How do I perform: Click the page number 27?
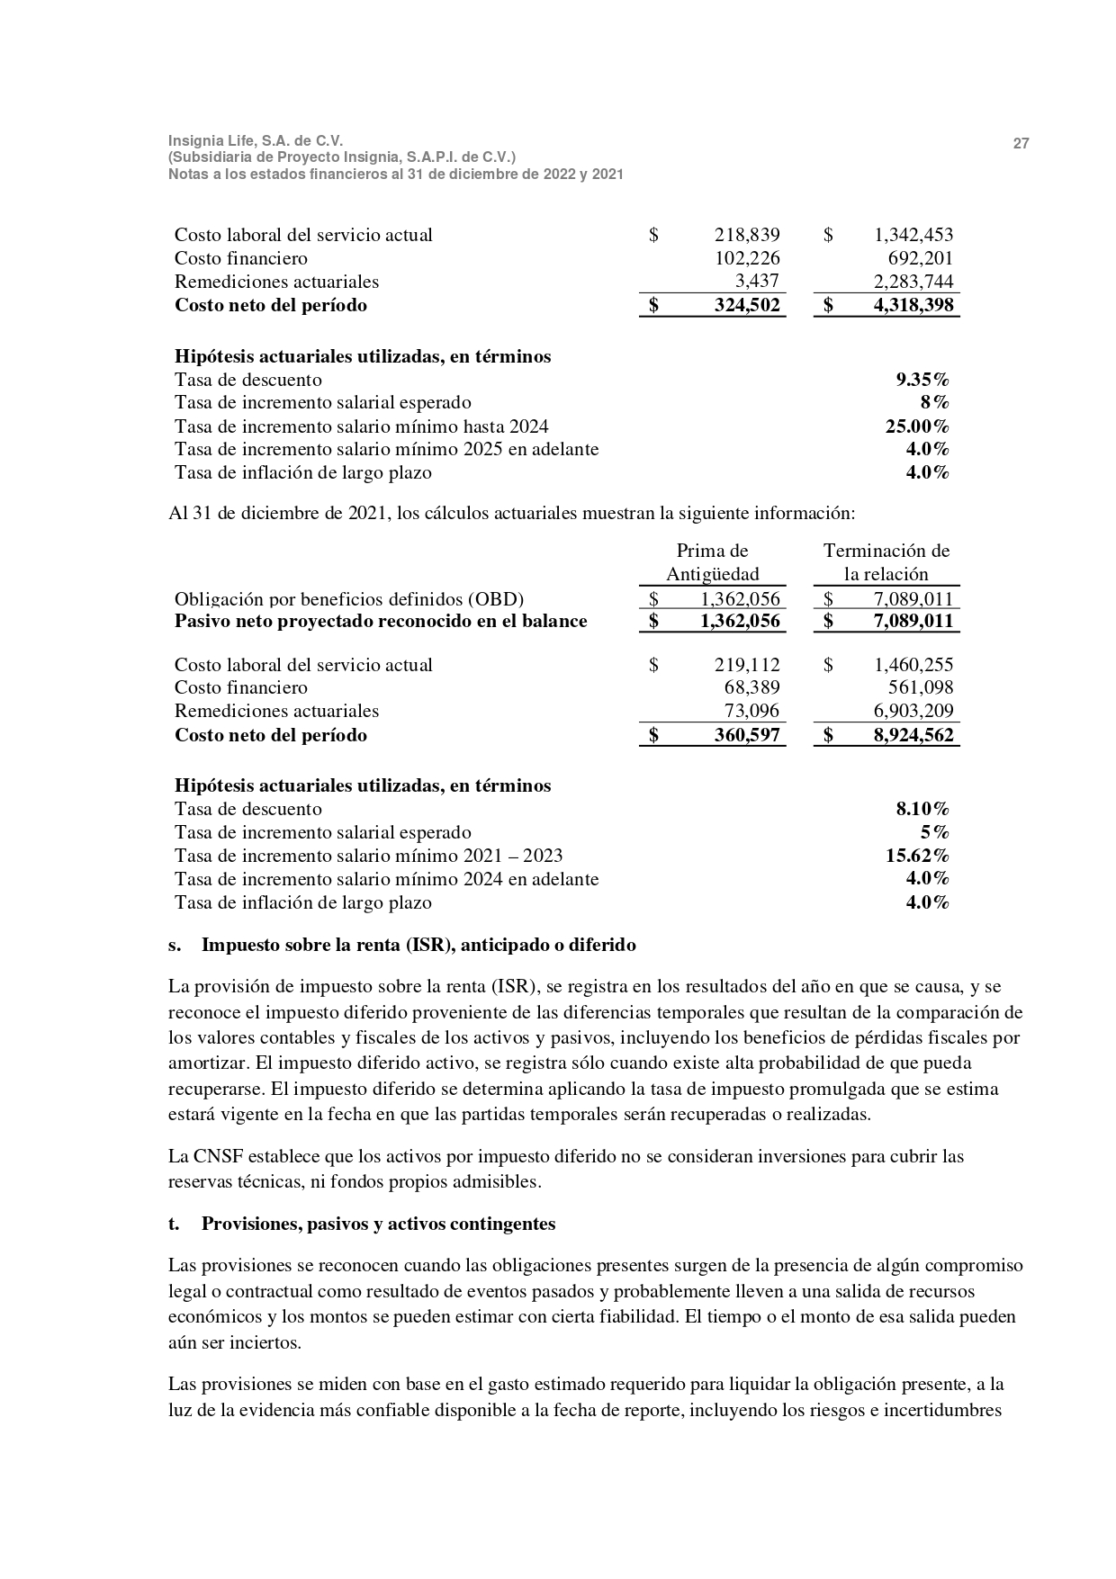pyautogui.click(x=1021, y=144)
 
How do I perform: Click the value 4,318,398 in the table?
pyautogui.click(x=913, y=305)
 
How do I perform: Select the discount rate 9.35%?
pyautogui.click(x=922, y=380)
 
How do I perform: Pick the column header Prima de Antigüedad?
pyautogui.click(x=712, y=562)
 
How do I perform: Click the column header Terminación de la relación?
pyautogui.click(x=886, y=562)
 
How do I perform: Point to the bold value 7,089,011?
pyautogui.click(x=913, y=622)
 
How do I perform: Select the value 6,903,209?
pyautogui.click(x=913, y=712)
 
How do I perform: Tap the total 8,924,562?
pyautogui.click(x=913, y=735)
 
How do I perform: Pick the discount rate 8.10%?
pyautogui.click(x=922, y=809)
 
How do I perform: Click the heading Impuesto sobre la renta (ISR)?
pyautogui.click(x=418, y=946)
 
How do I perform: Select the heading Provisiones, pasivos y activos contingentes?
pyautogui.click(x=378, y=1225)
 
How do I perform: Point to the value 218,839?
pyautogui.click(x=746, y=236)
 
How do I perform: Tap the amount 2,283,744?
pyautogui.click(x=913, y=282)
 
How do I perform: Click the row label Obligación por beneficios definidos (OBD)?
pyautogui.click(x=349, y=599)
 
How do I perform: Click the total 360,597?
pyautogui.click(x=746, y=735)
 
